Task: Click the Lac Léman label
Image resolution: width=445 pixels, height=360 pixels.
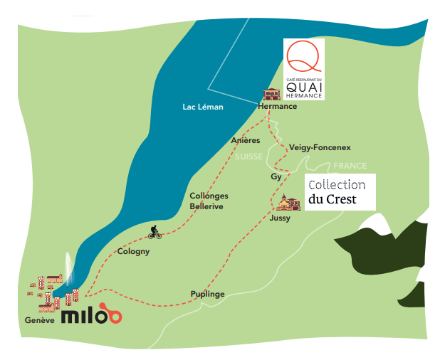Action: click(x=203, y=107)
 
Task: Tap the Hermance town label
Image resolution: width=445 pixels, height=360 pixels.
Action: click(x=277, y=107)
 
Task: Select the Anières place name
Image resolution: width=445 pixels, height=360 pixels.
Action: click(x=246, y=140)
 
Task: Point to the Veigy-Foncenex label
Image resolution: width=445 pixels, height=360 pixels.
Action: click(x=320, y=148)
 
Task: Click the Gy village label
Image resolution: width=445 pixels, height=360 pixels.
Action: click(x=276, y=176)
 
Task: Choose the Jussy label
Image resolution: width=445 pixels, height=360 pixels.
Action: click(x=280, y=218)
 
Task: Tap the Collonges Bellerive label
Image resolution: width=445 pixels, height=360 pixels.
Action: click(x=209, y=201)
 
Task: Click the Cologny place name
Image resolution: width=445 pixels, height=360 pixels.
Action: click(x=133, y=252)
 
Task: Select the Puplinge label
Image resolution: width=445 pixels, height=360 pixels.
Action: click(x=207, y=294)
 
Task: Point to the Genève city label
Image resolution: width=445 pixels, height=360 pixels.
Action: click(x=39, y=320)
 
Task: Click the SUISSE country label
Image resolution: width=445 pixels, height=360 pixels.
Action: click(x=249, y=157)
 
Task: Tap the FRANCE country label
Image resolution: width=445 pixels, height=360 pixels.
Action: click(x=350, y=166)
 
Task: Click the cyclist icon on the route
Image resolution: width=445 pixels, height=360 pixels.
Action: click(x=155, y=232)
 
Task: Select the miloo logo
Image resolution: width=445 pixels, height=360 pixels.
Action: click(x=92, y=314)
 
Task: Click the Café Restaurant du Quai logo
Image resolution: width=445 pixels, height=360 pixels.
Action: click(x=304, y=69)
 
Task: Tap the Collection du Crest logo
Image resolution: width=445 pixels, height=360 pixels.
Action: click(x=340, y=192)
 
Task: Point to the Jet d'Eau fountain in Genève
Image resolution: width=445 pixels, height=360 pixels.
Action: click(x=68, y=270)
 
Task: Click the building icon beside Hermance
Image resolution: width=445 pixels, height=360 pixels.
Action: click(x=272, y=95)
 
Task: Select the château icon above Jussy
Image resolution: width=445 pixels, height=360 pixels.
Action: click(x=288, y=203)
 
